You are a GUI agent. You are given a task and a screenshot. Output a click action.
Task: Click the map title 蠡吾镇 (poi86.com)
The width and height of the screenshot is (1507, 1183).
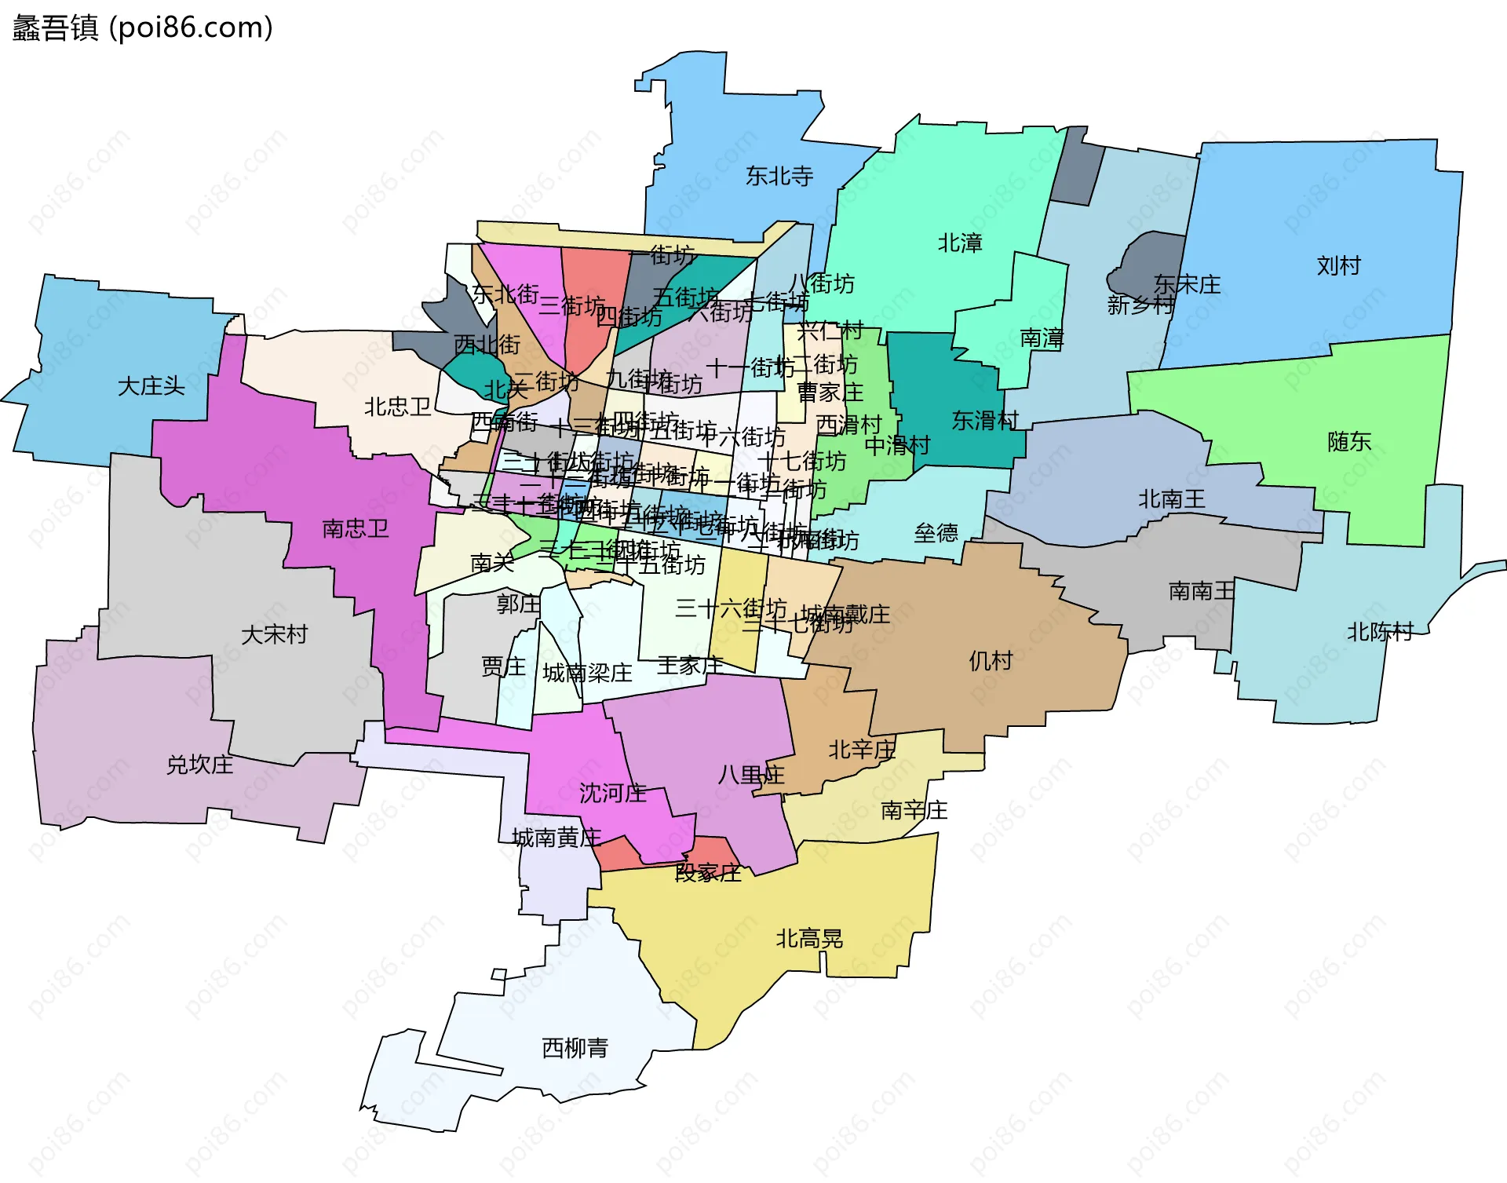[142, 27]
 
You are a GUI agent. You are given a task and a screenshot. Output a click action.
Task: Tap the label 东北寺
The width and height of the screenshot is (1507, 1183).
[779, 176]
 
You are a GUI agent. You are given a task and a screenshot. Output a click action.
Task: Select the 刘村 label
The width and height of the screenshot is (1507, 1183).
[1338, 265]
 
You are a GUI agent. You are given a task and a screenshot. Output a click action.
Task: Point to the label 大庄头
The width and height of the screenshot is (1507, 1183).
[151, 386]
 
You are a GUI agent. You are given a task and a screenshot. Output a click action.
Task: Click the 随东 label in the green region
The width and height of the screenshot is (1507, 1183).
[1349, 442]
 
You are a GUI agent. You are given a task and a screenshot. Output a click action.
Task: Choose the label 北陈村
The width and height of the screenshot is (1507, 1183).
[1380, 632]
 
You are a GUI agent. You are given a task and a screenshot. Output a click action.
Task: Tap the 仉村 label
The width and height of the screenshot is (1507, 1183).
[991, 661]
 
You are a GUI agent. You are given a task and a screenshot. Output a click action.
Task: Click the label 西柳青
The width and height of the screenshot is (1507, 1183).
[575, 1048]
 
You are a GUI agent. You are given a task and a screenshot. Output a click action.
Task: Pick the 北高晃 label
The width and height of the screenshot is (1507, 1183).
[809, 939]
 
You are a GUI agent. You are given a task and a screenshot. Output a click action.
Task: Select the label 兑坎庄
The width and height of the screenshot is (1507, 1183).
[199, 765]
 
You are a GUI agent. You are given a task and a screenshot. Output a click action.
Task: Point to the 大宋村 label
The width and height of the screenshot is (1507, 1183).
[274, 634]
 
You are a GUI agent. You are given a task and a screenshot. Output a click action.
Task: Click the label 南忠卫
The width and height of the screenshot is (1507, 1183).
[356, 528]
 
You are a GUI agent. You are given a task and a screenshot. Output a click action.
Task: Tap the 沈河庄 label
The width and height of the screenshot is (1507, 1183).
[612, 793]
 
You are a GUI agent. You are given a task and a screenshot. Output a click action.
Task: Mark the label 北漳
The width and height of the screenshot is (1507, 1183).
[960, 243]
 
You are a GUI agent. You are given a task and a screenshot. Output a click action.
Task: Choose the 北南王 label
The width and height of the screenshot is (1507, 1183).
[1171, 499]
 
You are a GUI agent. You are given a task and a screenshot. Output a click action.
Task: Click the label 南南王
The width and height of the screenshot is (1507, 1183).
[1201, 590]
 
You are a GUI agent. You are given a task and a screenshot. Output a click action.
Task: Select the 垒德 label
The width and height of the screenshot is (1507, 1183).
[936, 534]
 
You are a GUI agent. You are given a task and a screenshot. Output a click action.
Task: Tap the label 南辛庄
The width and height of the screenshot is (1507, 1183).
[914, 810]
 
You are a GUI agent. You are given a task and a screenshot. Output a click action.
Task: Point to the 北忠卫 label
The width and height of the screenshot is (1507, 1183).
[398, 407]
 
